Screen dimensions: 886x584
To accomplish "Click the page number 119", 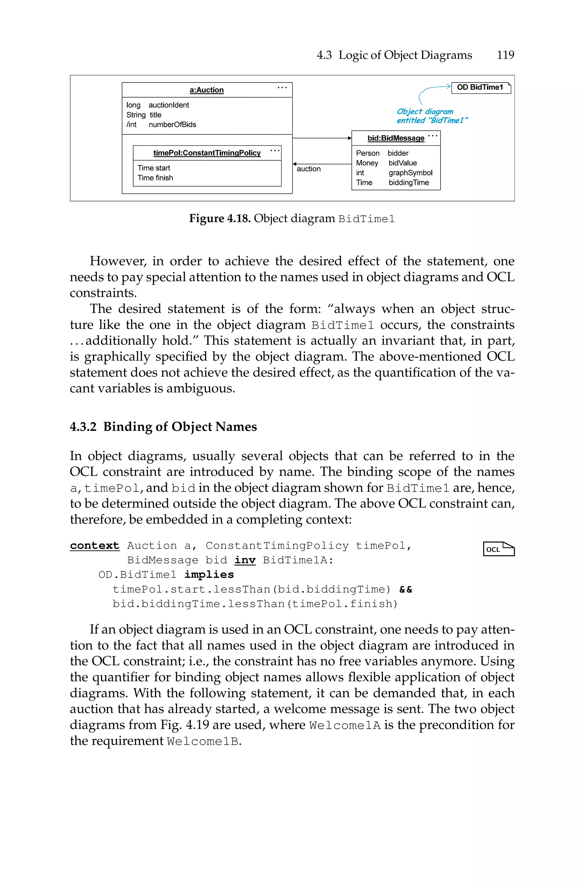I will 505,55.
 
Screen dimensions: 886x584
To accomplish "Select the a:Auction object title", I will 207,90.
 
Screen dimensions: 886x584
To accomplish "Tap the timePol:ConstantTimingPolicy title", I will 207,153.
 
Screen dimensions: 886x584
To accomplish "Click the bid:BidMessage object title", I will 396,138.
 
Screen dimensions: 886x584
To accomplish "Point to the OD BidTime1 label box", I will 480,88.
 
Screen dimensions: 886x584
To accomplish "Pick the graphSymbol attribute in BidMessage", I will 410,173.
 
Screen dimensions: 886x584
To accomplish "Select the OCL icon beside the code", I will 498,549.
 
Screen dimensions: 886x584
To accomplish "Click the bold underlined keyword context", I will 95,546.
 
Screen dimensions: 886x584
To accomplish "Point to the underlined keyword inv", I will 245,560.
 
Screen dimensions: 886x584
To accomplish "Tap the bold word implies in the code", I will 209,574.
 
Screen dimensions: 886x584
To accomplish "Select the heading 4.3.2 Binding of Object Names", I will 163,427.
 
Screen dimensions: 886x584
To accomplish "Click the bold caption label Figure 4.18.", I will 219,218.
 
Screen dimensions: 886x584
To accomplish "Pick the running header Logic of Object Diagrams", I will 405,55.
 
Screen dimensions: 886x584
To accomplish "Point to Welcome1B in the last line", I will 203,741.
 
